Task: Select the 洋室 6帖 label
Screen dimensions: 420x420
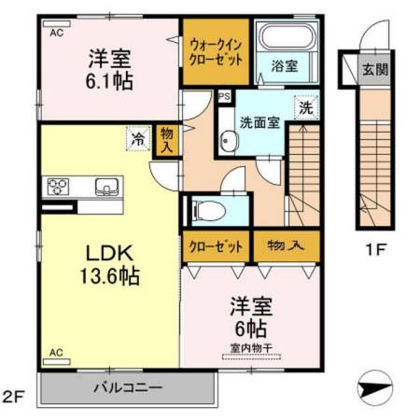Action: coord(249,317)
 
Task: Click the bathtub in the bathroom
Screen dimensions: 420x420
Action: coord(288,39)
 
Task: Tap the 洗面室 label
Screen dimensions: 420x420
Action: coord(259,122)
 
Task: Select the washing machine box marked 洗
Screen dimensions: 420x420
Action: coord(305,107)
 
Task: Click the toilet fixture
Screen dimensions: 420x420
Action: coord(209,209)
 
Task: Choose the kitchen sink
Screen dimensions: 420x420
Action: coord(106,185)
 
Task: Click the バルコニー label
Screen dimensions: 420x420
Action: coord(128,386)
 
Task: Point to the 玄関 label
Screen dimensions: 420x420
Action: coord(376,69)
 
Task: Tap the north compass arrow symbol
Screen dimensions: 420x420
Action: coord(373,385)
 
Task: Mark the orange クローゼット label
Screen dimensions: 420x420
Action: coord(217,246)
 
